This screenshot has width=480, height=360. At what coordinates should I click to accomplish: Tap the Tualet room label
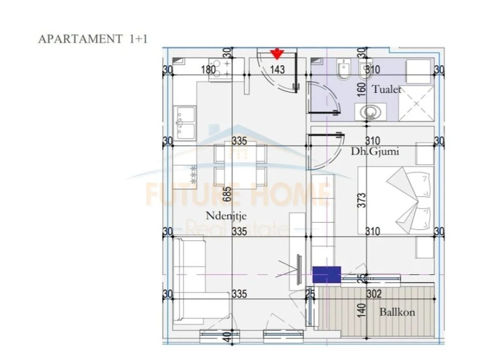pyautogui.click(x=387, y=89)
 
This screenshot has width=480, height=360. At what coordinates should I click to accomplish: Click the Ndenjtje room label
pyautogui.click(x=226, y=216)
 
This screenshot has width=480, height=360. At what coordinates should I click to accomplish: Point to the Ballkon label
pyautogui.click(x=397, y=312)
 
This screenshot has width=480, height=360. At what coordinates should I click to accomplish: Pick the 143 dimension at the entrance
pyautogui.click(x=277, y=70)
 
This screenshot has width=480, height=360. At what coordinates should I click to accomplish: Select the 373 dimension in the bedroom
pyautogui.click(x=360, y=201)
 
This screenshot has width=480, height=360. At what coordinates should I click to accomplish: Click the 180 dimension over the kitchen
pyautogui.click(x=208, y=70)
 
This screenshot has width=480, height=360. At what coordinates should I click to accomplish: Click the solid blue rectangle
pyautogui.click(x=326, y=274)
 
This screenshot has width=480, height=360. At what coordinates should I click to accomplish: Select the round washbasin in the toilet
pyautogui.click(x=370, y=111)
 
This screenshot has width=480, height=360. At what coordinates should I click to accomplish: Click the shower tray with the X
pyautogui.click(x=417, y=104)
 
